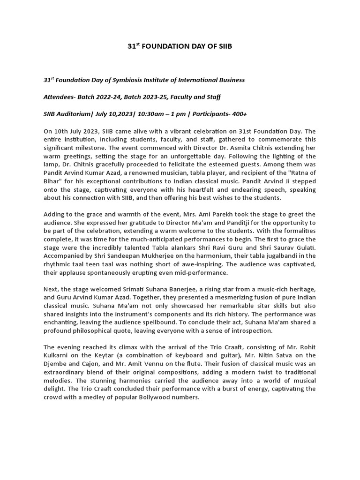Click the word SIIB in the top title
pyautogui.click(x=223, y=47)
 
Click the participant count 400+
pyautogui.click(x=238, y=114)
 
